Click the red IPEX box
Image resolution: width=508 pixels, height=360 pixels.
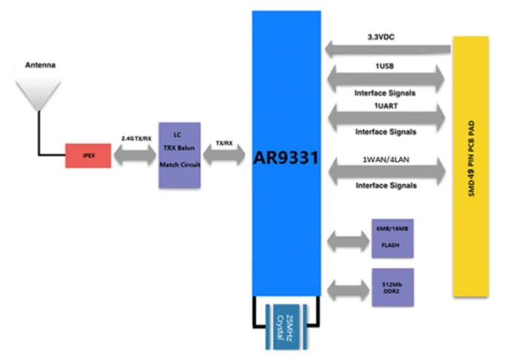click(88, 156)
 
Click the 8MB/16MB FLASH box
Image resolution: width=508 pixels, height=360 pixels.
click(391, 238)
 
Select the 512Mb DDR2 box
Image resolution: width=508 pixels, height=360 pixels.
click(391, 287)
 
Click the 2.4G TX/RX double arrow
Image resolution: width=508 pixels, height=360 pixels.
click(136, 156)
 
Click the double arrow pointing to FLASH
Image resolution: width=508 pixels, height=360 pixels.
click(345, 239)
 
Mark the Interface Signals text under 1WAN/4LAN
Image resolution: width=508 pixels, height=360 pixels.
click(384, 186)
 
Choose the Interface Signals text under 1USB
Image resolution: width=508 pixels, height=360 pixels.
click(384, 93)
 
